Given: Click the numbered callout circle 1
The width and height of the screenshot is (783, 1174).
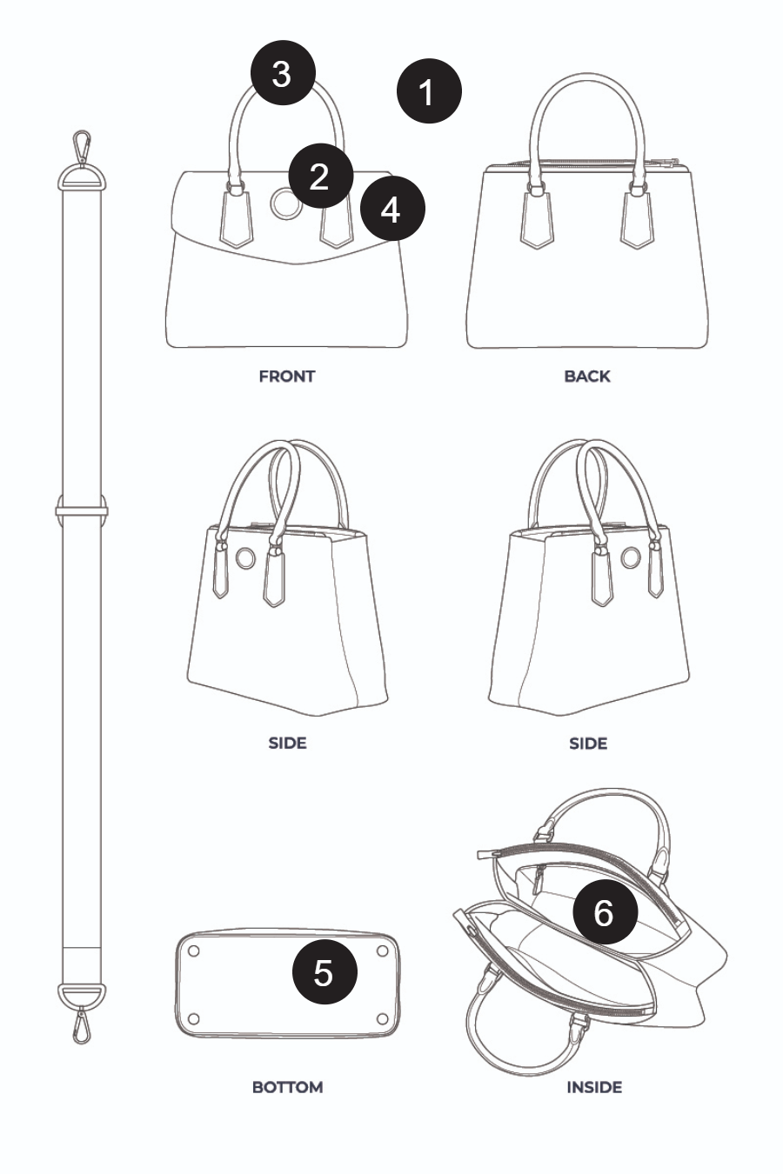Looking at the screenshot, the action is click(x=429, y=91).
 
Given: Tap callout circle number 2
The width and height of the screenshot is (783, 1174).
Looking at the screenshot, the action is click(x=320, y=176).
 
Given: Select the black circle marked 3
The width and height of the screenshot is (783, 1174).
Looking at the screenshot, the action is click(x=283, y=73).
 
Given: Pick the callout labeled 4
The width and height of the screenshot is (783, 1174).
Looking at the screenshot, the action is click(x=392, y=209).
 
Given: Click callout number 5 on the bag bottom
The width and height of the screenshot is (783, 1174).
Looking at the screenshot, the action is click(x=325, y=971).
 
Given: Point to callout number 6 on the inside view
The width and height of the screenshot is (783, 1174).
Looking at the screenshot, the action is click(x=606, y=912).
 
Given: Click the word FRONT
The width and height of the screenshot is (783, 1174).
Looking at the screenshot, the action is click(x=287, y=377).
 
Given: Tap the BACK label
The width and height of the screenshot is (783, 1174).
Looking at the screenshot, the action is click(x=587, y=377).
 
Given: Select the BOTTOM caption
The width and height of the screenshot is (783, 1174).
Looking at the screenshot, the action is click(x=287, y=1088).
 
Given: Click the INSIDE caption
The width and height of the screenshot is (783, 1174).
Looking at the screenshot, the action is click(x=594, y=1088).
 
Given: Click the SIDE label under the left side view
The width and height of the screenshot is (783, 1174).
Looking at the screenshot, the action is click(x=287, y=744).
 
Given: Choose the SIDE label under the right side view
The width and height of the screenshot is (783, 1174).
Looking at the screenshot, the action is click(x=588, y=744).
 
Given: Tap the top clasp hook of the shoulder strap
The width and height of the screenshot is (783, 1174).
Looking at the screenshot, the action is click(x=81, y=146).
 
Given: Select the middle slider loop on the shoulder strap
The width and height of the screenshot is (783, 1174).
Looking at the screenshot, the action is click(x=82, y=510).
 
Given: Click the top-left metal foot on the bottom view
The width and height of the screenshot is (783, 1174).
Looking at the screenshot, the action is click(x=193, y=951).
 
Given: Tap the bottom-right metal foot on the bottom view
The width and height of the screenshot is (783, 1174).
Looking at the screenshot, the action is click(x=383, y=1018).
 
